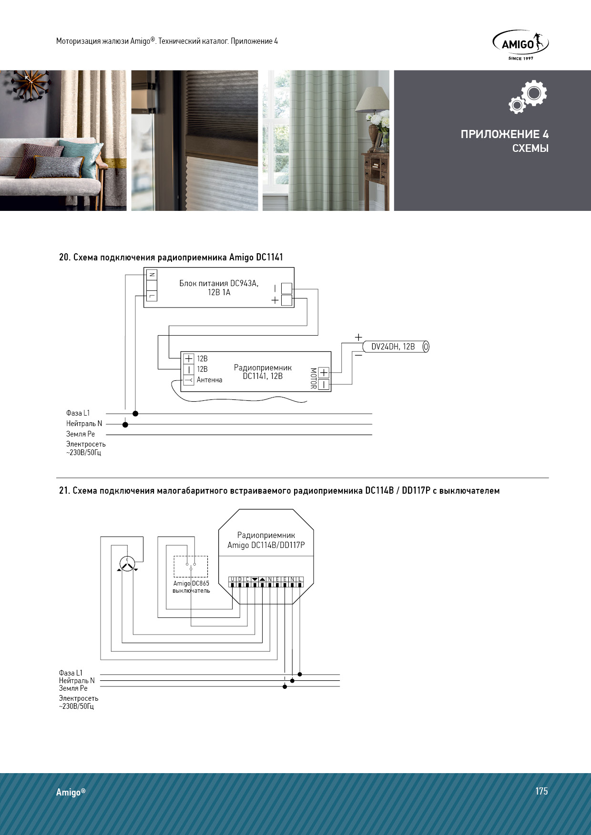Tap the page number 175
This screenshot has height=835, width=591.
pyautogui.click(x=541, y=791)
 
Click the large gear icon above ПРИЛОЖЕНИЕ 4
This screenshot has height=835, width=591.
pyautogui.click(x=534, y=93)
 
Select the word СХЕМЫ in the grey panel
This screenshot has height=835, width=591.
pyautogui.click(x=530, y=148)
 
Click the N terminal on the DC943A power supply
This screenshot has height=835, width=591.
pyautogui.click(x=152, y=275)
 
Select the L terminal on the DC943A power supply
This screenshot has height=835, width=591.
pyautogui.click(x=152, y=296)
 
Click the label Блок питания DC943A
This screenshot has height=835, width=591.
pyautogui.click(x=219, y=283)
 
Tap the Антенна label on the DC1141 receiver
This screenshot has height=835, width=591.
pyautogui.click(x=209, y=380)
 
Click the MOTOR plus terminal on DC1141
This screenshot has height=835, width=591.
pyautogui.click(x=324, y=373)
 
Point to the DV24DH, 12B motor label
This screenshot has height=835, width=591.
pyautogui.click(x=393, y=347)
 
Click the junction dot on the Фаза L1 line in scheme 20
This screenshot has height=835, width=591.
pyautogui.click(x=135, y=414)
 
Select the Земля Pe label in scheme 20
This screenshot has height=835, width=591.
pyautogui.click(x=81, y=434)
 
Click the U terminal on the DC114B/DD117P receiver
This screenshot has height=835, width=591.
pyautogui.click(x=232, y=579)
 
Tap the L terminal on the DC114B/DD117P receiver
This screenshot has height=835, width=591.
pyautogui.click(x=300, y=579)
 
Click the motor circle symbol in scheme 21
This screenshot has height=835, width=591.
pyautogui.click(x=127, y=564)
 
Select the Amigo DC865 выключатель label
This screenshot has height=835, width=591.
pyautogui.click(x=191, y=587)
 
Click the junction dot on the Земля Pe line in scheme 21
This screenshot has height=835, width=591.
pyautogui.click(x=285, y=686)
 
